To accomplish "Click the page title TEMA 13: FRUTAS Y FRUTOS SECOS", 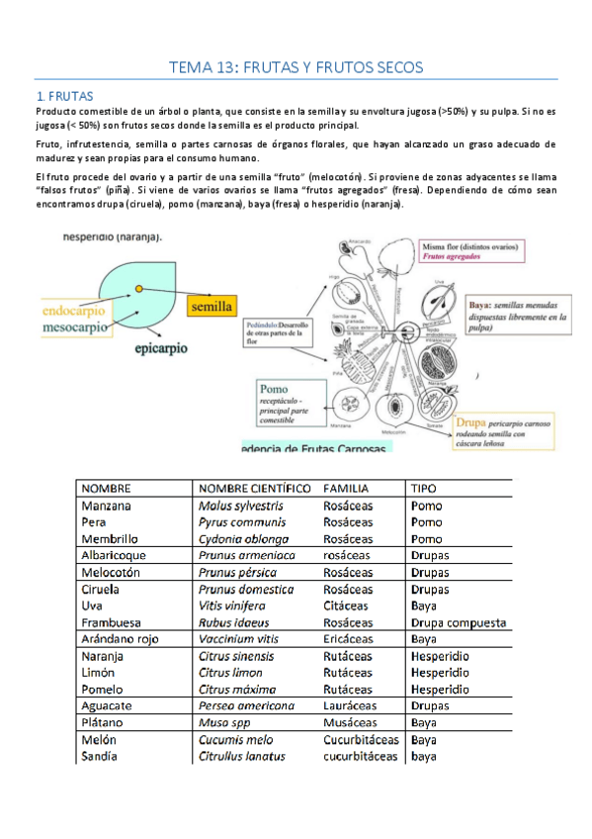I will pos(296,67).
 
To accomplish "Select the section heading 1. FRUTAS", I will pos(64,96).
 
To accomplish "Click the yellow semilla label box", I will pos(208,307).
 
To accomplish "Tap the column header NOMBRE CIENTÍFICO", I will pos(254,489).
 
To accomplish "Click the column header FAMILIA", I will pos(347,489).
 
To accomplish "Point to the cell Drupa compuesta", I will pos(458,622).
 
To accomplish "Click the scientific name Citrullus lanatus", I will pos(242,756).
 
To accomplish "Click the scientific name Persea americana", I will pos(246,705).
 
